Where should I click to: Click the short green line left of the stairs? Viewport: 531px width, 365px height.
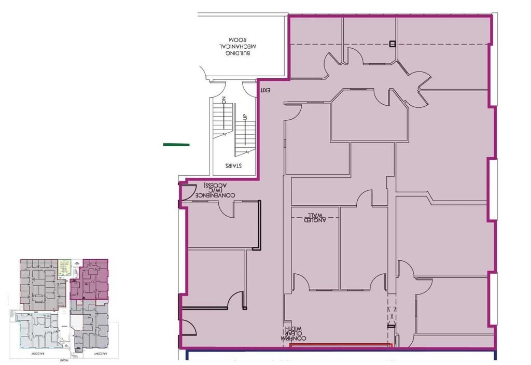176,145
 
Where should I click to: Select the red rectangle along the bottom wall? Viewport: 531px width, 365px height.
340,344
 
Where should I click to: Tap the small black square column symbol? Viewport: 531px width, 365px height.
393,44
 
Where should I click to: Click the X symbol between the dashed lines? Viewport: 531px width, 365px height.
392,314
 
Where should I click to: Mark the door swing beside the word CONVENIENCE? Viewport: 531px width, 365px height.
187,192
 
